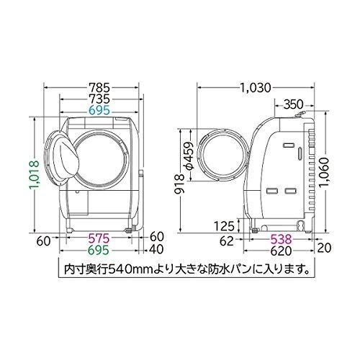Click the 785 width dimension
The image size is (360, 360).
(99, 87)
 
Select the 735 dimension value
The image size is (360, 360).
(99, 99)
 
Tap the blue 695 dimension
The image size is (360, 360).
(99, 110)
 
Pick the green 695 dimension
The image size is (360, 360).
(99, 251)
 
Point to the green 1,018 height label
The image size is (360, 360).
(34, 175)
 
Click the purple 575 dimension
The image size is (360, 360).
(99, 238)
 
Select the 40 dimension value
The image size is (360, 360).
(156, 249)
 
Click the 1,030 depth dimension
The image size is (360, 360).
(256, 88)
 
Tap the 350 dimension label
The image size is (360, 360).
(294, 104)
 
